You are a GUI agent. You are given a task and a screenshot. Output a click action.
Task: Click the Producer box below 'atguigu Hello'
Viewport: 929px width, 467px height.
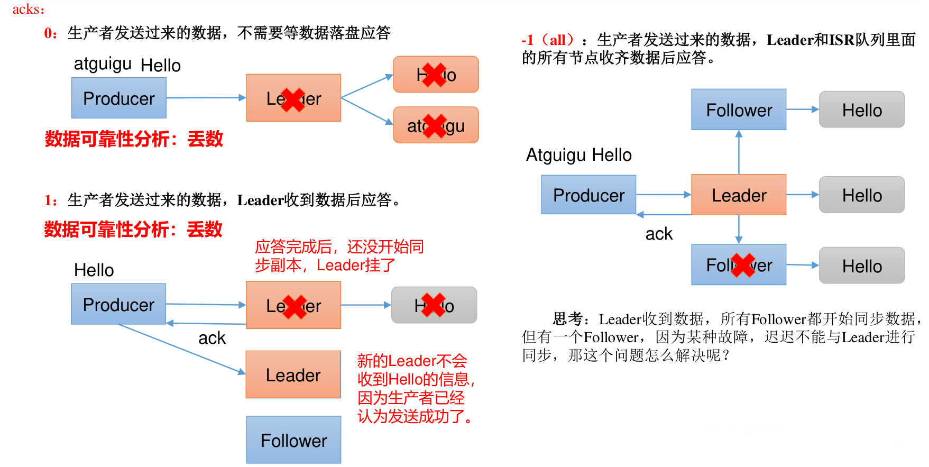(119, 98)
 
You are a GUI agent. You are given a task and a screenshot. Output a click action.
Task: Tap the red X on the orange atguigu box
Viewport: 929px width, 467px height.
(435, 126)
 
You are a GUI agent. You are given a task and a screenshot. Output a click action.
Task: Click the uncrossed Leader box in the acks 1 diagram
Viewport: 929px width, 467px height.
(293, 374)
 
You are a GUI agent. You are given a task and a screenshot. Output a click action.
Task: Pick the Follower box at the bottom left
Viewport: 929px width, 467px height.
(293, 440)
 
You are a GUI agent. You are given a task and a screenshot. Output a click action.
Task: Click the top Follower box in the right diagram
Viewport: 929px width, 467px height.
(739, 110)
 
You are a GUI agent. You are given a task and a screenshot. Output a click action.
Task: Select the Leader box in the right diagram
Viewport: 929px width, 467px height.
(739, 195)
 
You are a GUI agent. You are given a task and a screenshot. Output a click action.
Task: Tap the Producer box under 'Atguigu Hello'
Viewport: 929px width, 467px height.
(588, 195)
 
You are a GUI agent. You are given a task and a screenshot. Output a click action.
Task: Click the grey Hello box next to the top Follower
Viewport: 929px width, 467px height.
(862, 110)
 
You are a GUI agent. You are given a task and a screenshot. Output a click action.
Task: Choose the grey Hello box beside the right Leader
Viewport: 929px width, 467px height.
(862, 195)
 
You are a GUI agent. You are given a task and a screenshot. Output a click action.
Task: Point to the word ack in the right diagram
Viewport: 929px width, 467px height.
(659, 234)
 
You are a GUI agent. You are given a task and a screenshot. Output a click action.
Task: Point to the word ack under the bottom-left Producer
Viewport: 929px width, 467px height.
(211, 338)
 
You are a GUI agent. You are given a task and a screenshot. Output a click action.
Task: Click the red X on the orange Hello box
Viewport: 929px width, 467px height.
(435, 75)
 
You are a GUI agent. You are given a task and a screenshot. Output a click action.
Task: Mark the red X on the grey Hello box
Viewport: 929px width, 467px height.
(434, 306)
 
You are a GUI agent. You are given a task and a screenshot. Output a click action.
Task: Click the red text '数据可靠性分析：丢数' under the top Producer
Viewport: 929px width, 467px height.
(134, 139)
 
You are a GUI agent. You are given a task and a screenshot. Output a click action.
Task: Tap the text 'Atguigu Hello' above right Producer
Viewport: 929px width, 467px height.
(579, 155)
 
